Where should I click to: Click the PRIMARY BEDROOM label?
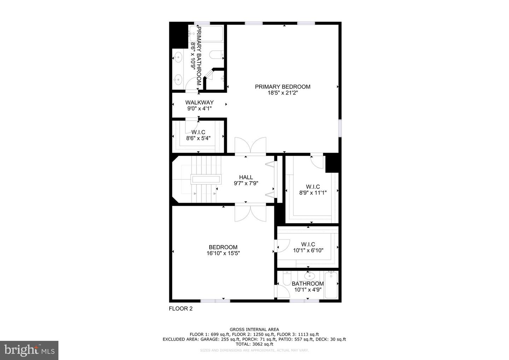pos(282,87)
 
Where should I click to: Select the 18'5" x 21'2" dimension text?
pos(282,93)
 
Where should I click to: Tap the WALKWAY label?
pos(199,103)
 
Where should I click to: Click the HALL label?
pos(246,177)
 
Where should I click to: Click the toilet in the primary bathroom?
pos(216,55)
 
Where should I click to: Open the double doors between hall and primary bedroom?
pos(251,146)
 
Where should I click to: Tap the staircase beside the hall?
pos(205,179)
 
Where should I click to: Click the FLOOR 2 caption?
pos(181,308)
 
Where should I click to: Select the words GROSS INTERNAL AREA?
pos(254,329)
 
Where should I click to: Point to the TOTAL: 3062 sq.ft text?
pos(254,344)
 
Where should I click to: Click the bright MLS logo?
pos(29,350)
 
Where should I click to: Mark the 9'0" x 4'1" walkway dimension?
pos(199,109)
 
